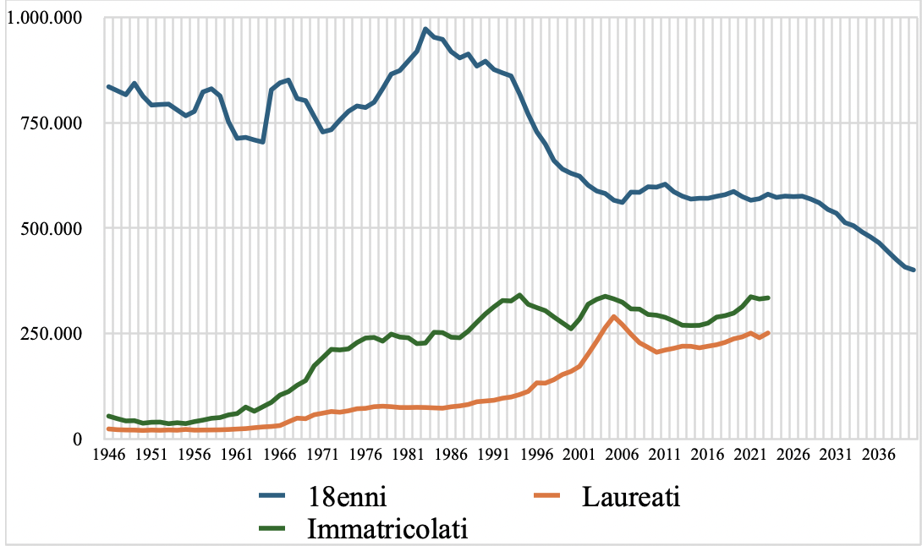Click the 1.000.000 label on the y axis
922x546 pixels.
44,18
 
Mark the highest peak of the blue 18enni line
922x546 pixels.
425,29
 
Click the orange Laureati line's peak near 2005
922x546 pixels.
614,317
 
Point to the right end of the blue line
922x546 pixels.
914,270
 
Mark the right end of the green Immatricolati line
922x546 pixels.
768,298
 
